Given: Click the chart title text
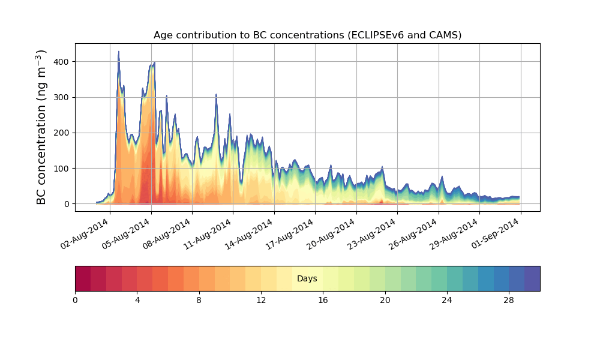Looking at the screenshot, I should click(x=307, y=35).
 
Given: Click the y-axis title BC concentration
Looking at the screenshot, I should click(x=41, y=127).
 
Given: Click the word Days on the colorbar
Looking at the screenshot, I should click(x=307, y=279).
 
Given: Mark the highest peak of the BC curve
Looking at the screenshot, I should click(x=119, y=52).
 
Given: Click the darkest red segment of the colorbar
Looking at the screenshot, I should click(x=83, y=278).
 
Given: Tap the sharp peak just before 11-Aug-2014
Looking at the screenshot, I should click(x=216, y=95).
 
